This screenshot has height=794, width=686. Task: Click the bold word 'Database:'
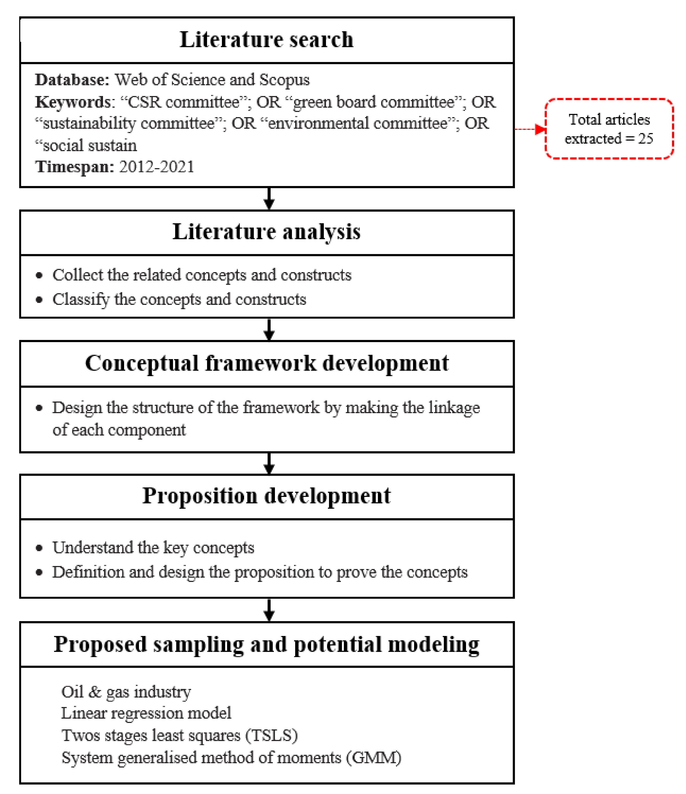[72, 80]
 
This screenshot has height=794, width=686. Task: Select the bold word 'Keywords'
[73, 102]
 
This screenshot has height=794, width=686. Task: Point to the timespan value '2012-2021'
[156, 167]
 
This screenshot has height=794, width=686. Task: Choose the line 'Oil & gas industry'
[126, 692]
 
